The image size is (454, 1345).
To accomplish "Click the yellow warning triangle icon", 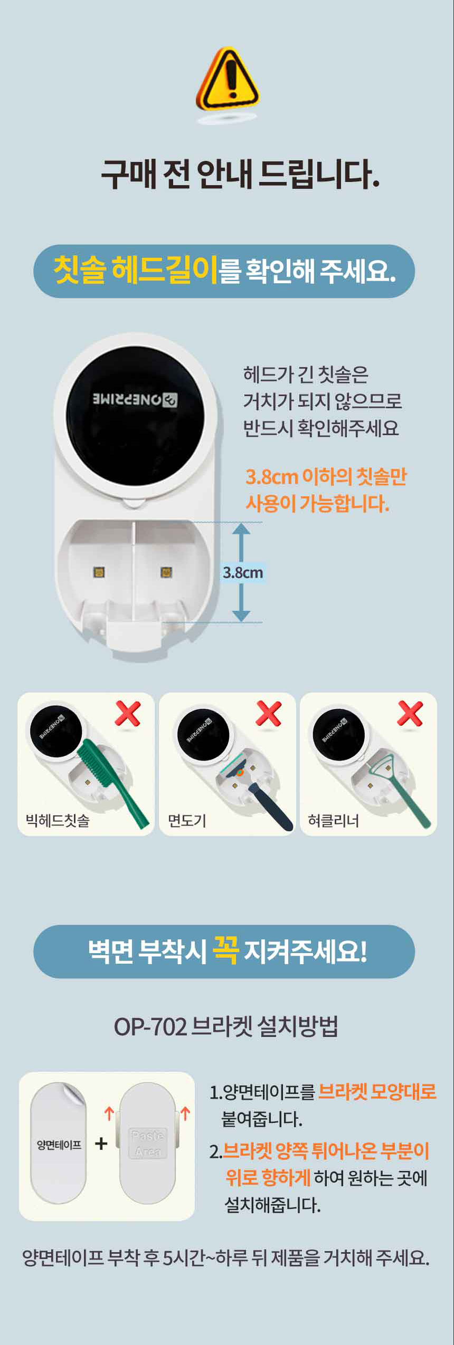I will [x=228, y=79].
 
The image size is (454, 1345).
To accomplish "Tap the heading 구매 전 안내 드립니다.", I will [x=240, y=174].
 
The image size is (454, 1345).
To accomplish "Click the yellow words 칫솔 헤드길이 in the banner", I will [x=136, y=270].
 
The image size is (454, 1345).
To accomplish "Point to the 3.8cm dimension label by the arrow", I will [x=242, y=572].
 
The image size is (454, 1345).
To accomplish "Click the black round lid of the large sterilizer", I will [x=135, y=417].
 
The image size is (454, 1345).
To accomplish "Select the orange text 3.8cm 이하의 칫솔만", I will [x=326, y=477].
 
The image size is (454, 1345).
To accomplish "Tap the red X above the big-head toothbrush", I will [x=128, y=714].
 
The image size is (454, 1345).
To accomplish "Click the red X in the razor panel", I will [x=269, y=714].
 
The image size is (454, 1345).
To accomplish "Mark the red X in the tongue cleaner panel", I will [x=410, y=714].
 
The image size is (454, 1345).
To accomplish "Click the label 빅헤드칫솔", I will [x=58, y=821].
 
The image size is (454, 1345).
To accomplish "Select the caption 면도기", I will [x=186, y=821].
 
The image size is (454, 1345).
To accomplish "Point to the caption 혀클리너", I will [x=333, y=821].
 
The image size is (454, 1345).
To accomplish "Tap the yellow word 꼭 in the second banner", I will [x=225, y=950].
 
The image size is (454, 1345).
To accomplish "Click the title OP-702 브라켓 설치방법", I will [x=226, y=1026].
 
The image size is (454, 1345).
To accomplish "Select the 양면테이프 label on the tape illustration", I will [x=59, y=1145].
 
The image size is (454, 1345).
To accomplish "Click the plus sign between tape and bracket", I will [x=101, y=1144].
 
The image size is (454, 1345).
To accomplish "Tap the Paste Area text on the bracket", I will [x=148, y=1144].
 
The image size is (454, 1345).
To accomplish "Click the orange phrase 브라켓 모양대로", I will [x=377, y=1091].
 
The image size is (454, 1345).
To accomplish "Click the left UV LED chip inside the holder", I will [x=99, y=572].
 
